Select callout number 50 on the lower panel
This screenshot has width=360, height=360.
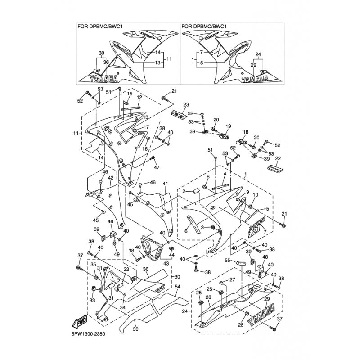[136, 329]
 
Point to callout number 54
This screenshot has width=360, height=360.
[177, 286]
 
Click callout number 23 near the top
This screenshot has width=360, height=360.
[186, 105]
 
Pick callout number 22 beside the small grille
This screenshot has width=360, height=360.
[278, 158]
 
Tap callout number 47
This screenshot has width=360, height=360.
[157, 167]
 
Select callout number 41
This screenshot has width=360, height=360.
[166, 184]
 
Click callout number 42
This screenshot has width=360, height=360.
[111, 178]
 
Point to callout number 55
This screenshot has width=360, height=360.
[228, 261]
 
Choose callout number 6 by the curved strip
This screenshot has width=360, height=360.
[186, 231]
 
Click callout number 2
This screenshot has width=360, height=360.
[184, 191]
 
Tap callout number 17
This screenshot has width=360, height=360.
[146, 127]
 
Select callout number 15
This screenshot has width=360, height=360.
[130, 94]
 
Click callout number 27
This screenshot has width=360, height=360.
[232, 279]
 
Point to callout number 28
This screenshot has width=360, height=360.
[241, 325]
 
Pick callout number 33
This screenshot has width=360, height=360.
[92, 300]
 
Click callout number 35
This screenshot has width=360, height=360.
[93, 265]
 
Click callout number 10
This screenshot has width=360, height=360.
[255, 195]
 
